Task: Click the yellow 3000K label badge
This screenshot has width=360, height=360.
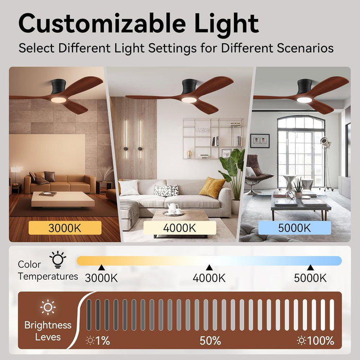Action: (x=64, y=227)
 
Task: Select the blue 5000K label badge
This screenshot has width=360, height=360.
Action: (x=294, y=227)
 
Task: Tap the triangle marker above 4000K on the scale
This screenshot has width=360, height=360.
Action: (x=209, y=267)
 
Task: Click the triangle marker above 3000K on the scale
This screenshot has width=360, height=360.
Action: (x=101, y=267)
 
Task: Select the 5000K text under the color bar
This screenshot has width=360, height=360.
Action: (x=310, y=278)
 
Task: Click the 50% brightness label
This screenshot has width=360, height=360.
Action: (x=210, y=340)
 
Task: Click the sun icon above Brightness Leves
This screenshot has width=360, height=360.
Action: (x=48, y=308)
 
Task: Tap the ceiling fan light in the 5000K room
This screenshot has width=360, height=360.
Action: (x=304, y=100)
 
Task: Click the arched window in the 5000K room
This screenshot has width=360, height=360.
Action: (x=300, y=149)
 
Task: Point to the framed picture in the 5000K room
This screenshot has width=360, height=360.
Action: (x=260, y=140)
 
